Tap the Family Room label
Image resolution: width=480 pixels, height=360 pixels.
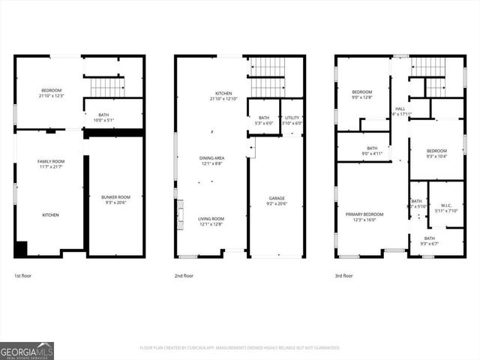[x=51, y=163]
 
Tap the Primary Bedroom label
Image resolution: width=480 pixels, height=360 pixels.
[x=364, y=217]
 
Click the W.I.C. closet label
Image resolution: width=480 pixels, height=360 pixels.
[x=445, y=208]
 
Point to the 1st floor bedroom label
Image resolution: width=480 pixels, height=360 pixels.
[x=51, y=93]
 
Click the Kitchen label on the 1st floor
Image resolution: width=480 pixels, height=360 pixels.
[x=50, y=215]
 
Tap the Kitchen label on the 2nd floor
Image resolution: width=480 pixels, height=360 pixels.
[x=223, y=96]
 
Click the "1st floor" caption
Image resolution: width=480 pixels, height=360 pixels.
[x=22, y=275]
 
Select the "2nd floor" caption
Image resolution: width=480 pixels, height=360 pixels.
[x=184, y=275]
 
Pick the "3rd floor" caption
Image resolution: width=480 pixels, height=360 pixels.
[x=344, y=275]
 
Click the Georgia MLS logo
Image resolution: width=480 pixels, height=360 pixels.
[x=27, y=350]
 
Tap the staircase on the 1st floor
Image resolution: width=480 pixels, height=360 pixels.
[x=106, y=86]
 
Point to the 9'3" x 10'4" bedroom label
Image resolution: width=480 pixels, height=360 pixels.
[x=436, y=152]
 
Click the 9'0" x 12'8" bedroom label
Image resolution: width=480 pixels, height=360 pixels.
[x=362, y=94]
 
